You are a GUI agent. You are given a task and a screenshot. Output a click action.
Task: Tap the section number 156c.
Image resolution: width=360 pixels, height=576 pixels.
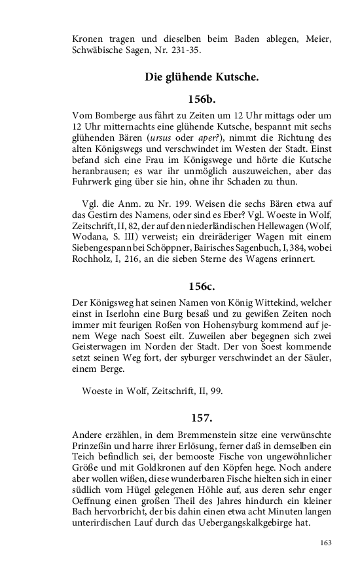click(x=202, y=285)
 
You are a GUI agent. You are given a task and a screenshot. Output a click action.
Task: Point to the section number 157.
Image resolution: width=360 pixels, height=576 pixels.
click(x=202, y=418)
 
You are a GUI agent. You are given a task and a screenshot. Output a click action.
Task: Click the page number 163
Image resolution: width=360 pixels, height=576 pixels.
click(x=325, y=542)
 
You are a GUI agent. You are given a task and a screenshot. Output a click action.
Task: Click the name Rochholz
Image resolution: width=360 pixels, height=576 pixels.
click(x=94, y=259)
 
